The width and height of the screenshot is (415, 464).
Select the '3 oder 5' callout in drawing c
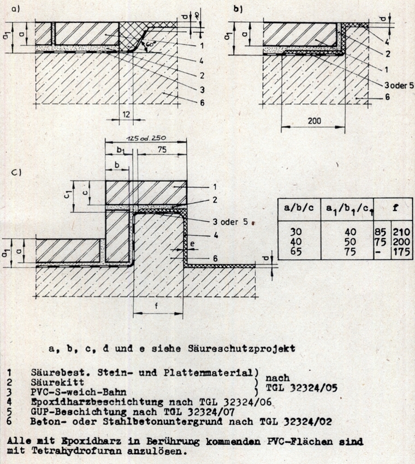click(x=229, y=222)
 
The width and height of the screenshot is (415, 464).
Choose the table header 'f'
click(x=392, y=207)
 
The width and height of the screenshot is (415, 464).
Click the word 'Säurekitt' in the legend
click(x=54, y=383)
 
